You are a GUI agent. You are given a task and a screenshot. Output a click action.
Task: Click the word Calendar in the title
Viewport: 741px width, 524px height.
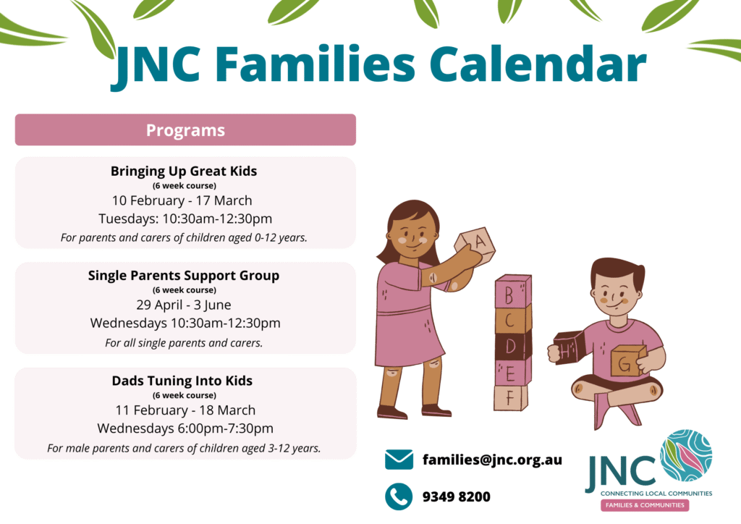pos(538,64)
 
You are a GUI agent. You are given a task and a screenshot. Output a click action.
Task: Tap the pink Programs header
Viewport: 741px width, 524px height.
pos(185,130)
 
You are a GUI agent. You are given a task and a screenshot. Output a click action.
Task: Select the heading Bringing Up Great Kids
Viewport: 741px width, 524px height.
pos(184,171)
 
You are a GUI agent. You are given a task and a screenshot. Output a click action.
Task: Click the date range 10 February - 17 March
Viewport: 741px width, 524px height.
pos(182,200)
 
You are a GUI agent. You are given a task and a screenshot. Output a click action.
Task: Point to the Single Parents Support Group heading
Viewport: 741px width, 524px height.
pos(184,276)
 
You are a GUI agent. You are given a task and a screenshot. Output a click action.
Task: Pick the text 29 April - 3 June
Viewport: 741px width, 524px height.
pos(184,305)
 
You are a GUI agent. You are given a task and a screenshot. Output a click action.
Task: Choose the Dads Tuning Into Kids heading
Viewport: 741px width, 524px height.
pos(182,381)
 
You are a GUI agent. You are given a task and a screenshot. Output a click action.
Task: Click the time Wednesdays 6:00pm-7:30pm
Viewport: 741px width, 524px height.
pos(185,428)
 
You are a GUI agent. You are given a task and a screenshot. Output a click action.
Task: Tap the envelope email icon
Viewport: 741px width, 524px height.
pos(399,460)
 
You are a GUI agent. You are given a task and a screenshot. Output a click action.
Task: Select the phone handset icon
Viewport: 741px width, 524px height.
pos(399,496)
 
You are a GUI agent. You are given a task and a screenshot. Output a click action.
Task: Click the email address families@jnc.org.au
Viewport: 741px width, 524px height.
pos(492,460)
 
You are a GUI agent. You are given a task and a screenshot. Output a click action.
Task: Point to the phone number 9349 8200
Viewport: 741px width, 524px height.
pos(457,496)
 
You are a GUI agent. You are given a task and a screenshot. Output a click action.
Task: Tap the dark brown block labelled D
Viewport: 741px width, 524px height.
pos(513,345)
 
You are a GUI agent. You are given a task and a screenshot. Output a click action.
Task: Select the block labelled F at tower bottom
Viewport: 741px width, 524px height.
pos(511,397)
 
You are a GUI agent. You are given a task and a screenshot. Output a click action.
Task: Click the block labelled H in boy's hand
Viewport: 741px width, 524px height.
pos(569,348)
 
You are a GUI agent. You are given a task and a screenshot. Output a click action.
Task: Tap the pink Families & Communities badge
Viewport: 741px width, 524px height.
pos(645,505)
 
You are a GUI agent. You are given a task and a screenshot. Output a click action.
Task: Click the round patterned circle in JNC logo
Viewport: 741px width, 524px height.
pos(686,455)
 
